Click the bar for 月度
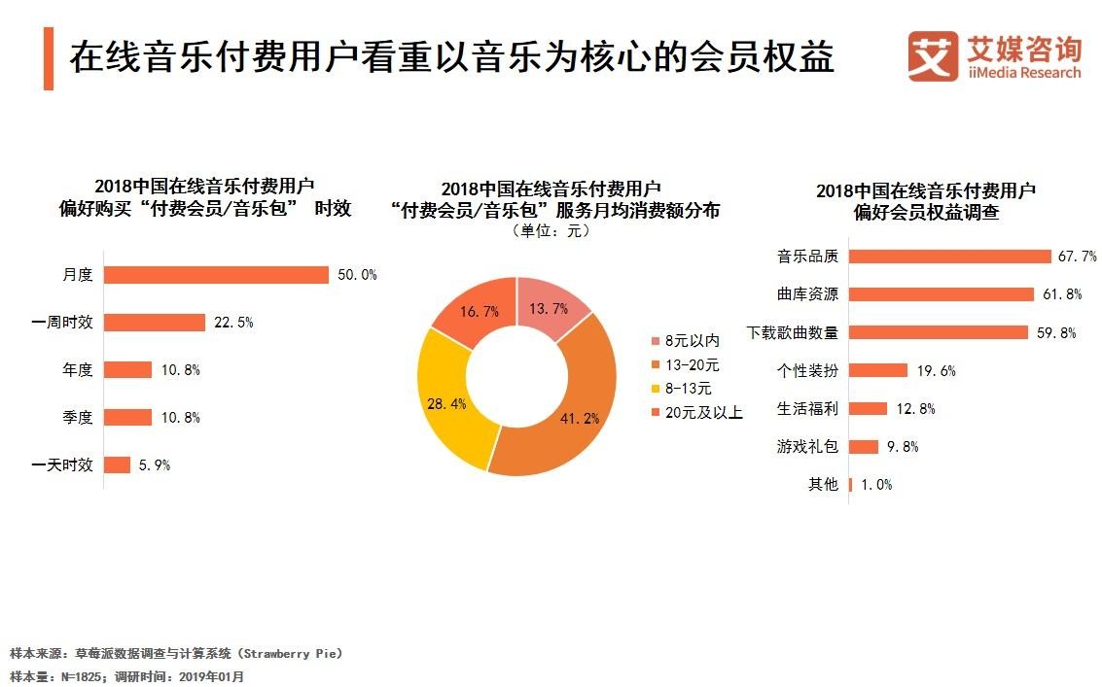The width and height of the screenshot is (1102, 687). tap(217, 275)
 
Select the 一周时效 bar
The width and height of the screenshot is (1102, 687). tap(155, 323)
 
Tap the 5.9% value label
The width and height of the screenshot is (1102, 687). tap(155, 465)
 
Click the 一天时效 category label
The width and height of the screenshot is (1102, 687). tap(62, 465)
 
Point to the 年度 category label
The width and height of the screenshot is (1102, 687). tap(78, 369)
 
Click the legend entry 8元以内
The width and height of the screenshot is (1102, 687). tap(686, 341)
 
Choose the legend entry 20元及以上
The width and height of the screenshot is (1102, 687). tap(696, 412)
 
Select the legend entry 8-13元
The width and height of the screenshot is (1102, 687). tap(682, 389)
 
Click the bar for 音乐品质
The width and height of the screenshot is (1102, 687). tap(950, 257)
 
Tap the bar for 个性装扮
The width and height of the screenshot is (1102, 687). tap(878, 370)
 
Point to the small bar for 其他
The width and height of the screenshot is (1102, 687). tap(850, 485)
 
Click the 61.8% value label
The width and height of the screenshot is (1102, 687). tap(1062, 294)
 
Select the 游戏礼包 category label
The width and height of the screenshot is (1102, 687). tap(807, 447)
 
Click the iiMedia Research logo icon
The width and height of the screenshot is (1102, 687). tap(933, 56)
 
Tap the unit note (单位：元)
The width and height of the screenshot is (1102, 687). tap(551, 230)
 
